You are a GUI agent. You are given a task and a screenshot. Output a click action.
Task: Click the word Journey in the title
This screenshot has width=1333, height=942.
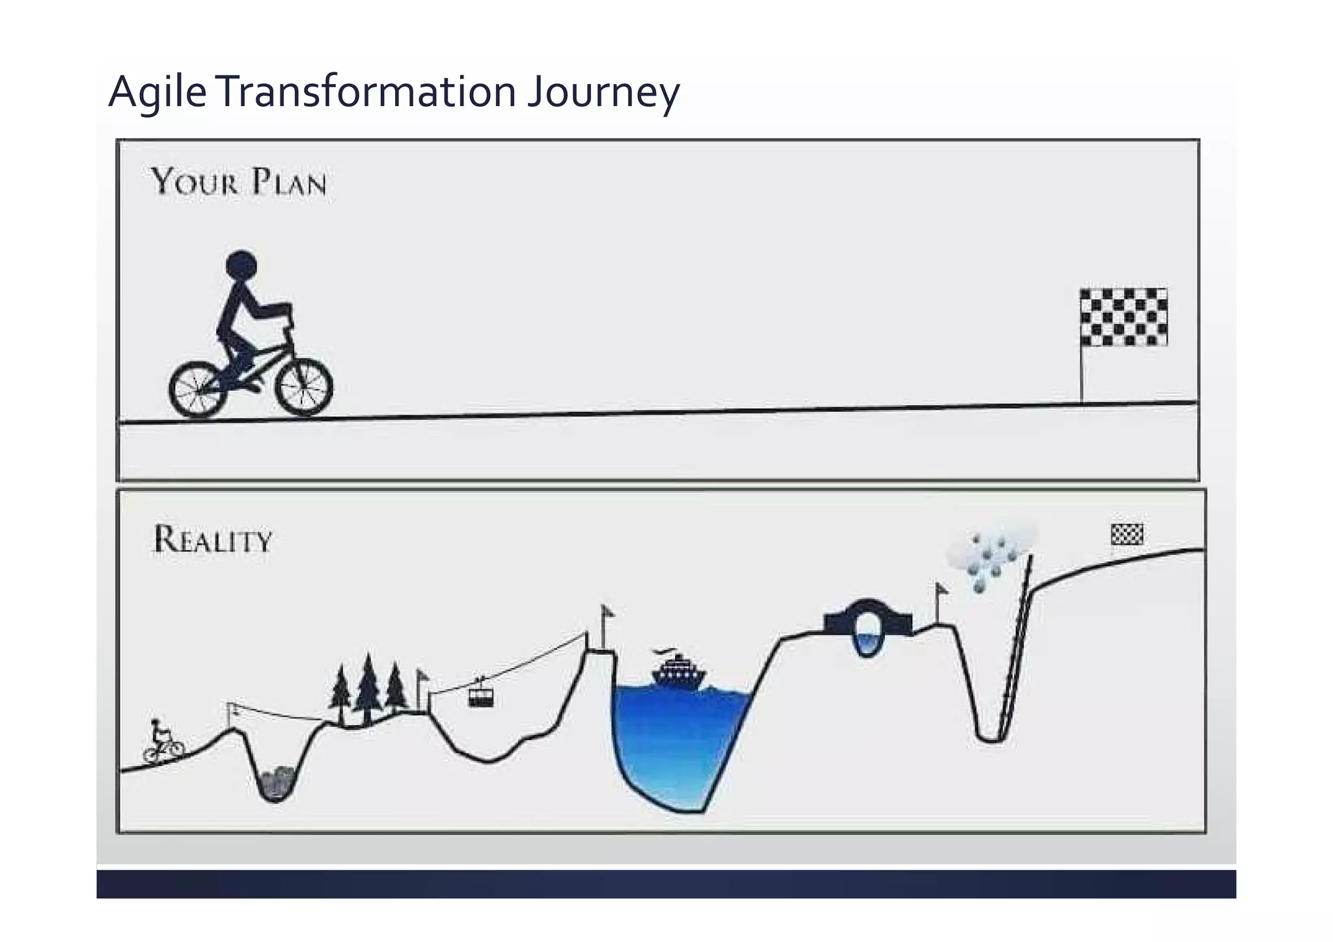tap(603, 92)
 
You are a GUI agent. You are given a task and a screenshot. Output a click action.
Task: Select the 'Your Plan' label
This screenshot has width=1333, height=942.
tap(239, 182)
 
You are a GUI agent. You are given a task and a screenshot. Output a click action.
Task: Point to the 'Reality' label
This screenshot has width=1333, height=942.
tap(212, 540)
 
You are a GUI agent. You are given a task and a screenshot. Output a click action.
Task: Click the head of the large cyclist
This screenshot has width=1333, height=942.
tap(241, 266)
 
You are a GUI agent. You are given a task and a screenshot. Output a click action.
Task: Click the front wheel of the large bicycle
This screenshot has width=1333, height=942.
tap(304, 387)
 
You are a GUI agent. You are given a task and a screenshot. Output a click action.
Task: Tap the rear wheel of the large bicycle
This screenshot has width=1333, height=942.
tap(198, 389)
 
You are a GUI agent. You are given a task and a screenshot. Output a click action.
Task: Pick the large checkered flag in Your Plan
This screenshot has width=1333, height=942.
tap(1123, 317)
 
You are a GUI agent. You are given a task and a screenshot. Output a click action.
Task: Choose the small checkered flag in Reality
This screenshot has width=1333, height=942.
tap(1127, 534)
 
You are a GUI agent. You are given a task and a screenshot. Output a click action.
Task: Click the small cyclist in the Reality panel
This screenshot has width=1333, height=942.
tap(163, 741)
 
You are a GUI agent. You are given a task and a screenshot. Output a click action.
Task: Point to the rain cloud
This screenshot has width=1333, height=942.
tap(991, 551)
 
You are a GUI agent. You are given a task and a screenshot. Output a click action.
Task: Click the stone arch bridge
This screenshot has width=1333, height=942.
tap(867, 622)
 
